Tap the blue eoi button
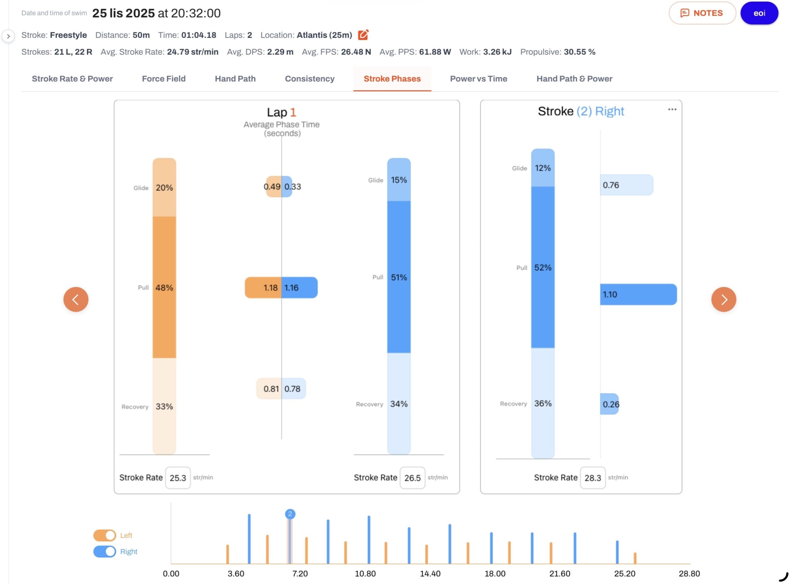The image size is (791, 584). (759, 13)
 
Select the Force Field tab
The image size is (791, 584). (163, 78)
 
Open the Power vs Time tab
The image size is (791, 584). (479, 78)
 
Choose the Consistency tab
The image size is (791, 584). (310, 78)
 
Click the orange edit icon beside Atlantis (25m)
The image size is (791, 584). (363, 35)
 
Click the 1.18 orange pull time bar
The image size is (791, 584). (263, 287)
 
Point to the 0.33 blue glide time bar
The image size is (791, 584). (287, 186)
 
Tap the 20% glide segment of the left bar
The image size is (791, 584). (164, 187)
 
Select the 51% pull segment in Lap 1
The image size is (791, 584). (399, 277)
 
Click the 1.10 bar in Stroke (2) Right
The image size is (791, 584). (638, 294)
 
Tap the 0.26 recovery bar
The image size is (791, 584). (609, 404)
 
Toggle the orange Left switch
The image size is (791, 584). (104, 535)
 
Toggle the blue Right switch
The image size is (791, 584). (104, 552)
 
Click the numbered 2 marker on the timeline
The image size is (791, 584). (290, 514)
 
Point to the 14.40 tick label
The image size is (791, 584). (430, 574)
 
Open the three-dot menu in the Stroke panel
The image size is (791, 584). (672, 110)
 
